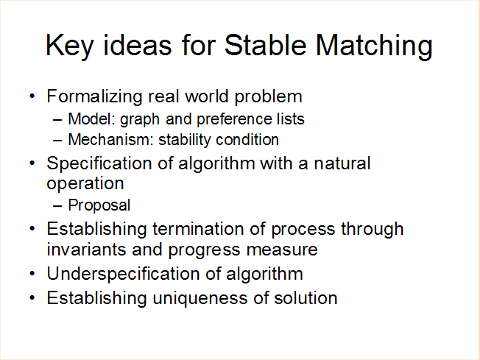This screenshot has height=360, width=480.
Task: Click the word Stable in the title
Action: [265, 45]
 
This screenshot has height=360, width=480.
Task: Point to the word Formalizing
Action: [94, 96]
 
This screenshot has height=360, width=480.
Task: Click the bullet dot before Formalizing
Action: [32, 96]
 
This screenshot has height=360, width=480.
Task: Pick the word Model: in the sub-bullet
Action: [91, 119]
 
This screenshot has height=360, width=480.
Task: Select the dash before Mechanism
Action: [57, 141]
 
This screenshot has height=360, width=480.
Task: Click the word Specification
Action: [99, 163]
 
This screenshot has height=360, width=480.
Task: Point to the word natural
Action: [342, 163]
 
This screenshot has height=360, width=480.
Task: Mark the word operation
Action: [85, 184]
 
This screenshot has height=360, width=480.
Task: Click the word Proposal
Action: [99, 205]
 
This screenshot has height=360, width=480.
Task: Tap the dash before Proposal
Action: [57, 206]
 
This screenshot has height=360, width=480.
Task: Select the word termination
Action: [198, 229]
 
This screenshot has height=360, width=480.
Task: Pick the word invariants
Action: [86, 250]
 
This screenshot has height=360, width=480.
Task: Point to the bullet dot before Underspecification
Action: [32, 274]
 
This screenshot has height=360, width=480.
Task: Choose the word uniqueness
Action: [200, 299]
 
